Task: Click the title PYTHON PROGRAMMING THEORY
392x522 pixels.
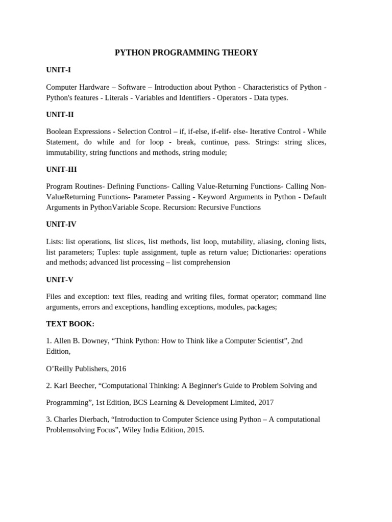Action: (x=186, y=53)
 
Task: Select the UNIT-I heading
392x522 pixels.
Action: (x=58, y=69)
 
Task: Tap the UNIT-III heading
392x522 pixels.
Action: (x=61, y=169)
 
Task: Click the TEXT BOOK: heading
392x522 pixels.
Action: (x=70, y=324)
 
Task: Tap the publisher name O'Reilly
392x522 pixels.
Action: (x=61, y=369)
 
